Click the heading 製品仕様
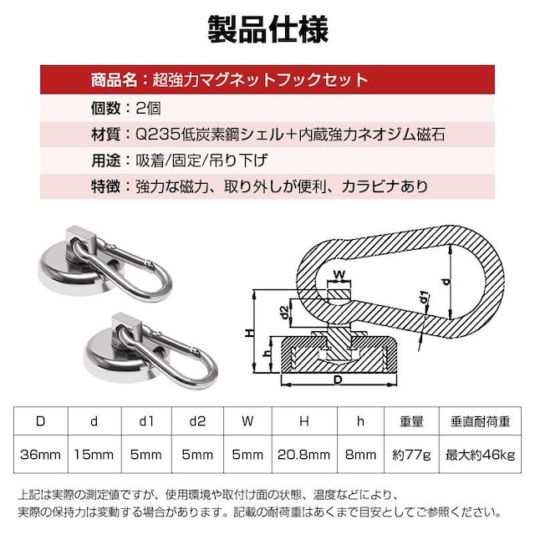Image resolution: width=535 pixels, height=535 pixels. tap(267, 30)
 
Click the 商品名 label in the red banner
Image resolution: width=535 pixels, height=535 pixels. tap(114, 80)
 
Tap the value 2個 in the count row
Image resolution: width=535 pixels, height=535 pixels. tap(149, 109)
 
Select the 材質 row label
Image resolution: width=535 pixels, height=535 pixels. tap(106, 135)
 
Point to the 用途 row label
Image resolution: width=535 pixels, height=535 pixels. tap(106, 160)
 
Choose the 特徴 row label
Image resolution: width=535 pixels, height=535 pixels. tap(106, 186)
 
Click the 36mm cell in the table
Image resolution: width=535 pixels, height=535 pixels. tap(41, 455)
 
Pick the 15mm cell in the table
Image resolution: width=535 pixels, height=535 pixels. tap(94, 455)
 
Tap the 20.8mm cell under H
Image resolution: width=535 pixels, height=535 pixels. tap(304, 455)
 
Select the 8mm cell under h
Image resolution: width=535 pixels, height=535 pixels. tap(360, 455)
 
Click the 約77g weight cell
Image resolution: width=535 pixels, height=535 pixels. tap(411, 455)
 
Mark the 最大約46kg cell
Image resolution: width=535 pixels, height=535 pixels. tap(480, 455)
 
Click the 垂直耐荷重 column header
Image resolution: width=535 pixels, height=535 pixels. tap(480, 421)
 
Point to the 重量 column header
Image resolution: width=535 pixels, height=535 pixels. tap(411, 421)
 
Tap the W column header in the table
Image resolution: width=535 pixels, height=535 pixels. tap(247, 421)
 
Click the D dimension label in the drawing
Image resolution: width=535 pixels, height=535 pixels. tap(338, 380)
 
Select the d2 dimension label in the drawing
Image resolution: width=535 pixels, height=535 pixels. tap(284, 312)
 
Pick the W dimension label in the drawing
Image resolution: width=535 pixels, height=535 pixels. tap(339, 274)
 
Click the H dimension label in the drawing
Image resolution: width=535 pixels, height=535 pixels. tap(250, 333)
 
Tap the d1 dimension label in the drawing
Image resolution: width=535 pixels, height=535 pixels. tap(424, 298)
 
